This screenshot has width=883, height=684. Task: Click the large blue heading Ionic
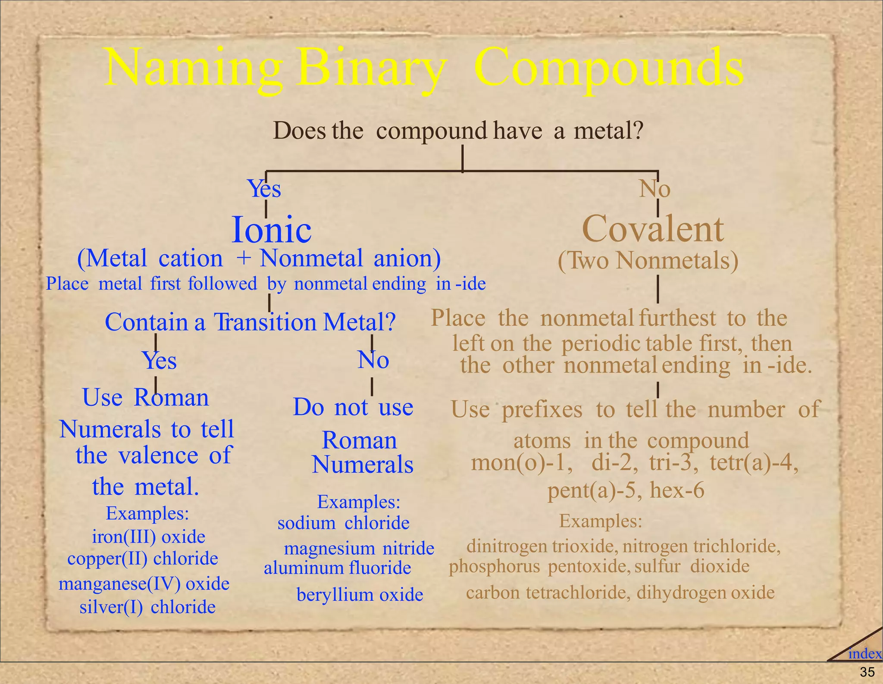click(x=271, y=229)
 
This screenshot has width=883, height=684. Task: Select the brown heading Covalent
click(x=652, y=229)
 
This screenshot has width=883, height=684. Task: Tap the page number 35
click(x=867, y=672)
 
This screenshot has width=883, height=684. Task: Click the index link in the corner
click(x=864, y=654)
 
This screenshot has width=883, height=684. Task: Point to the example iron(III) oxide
click(x=148, y=537)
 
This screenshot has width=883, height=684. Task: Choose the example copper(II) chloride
click(x=143, y=559)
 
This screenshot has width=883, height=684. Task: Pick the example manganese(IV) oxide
click(x=144, y=584)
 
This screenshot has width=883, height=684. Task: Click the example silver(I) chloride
click(x=147, y=607)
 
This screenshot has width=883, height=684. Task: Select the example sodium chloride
click(x=343, y=523)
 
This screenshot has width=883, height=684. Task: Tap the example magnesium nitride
click(x=359, y=548)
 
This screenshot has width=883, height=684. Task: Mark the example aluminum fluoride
click(x=337, y=568)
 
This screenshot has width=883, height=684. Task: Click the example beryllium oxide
click(x=360, y=595)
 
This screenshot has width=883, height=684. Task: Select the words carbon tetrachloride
click(x=546, y=593)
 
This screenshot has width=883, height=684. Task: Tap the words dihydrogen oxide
click(x=705, y=593)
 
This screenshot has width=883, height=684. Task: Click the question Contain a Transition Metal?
click(x=250, y=322)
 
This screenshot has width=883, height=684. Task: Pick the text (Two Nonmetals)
click(x=648, y=261)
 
